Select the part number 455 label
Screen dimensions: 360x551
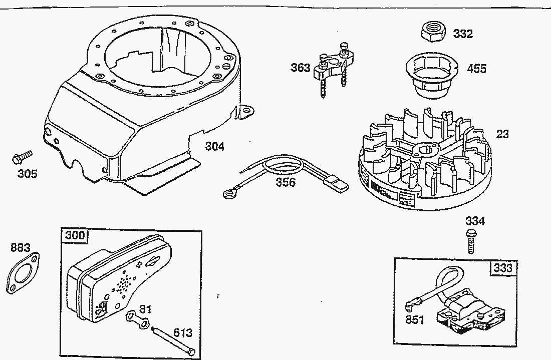click(476, 69)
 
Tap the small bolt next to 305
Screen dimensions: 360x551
click(20, 157)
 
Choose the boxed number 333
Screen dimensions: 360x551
click(502, 268)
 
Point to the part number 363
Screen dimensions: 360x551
click(301, 68)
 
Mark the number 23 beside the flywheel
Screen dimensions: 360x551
click(502, 134)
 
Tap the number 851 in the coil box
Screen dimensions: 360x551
click(415, 319)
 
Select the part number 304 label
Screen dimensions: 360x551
click(214, 147)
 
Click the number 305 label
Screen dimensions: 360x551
click(27, 174)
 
